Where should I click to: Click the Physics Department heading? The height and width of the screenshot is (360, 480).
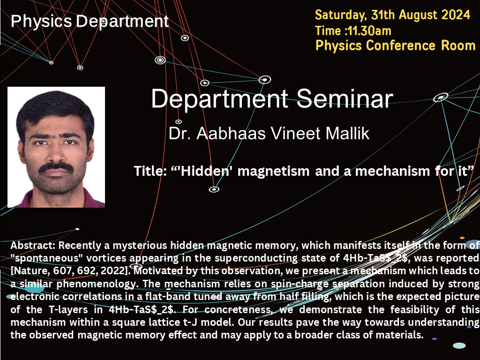tap(89, 21)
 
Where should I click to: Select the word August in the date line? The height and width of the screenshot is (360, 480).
tap(418, 15)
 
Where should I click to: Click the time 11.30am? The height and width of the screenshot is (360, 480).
tap(370, 31)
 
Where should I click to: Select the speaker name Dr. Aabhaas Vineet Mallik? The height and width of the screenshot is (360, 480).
tap(269, 133)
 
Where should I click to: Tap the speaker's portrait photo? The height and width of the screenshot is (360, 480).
tap(56, 147)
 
